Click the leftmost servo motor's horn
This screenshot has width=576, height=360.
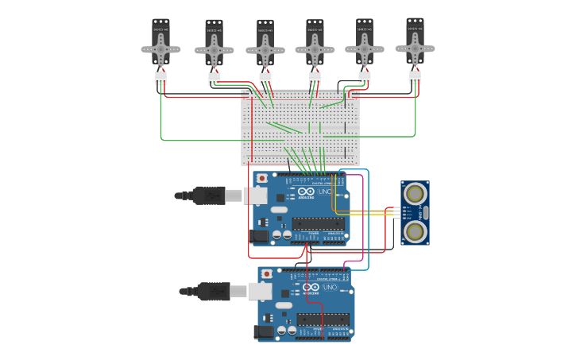(160, 49)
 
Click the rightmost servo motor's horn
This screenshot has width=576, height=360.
(415, 48)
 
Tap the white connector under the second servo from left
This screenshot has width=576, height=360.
(215, 79)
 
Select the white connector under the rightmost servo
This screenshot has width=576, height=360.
(416, 77)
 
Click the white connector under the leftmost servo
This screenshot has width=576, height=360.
(160, 78)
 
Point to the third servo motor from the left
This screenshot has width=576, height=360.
(265, 44)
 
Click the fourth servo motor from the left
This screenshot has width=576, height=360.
(315, 44)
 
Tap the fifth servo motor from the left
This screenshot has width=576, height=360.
(365, 43)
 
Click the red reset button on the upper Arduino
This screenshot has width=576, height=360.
(262, 178)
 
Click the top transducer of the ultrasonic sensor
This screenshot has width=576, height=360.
(414, 193)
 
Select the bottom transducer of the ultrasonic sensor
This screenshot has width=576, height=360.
(414, 231)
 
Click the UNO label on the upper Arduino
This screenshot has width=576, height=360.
(325, 192)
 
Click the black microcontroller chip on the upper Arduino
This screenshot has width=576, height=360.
(318, 223)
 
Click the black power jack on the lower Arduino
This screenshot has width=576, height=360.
(264, 331)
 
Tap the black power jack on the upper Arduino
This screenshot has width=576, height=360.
(259, 235)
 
